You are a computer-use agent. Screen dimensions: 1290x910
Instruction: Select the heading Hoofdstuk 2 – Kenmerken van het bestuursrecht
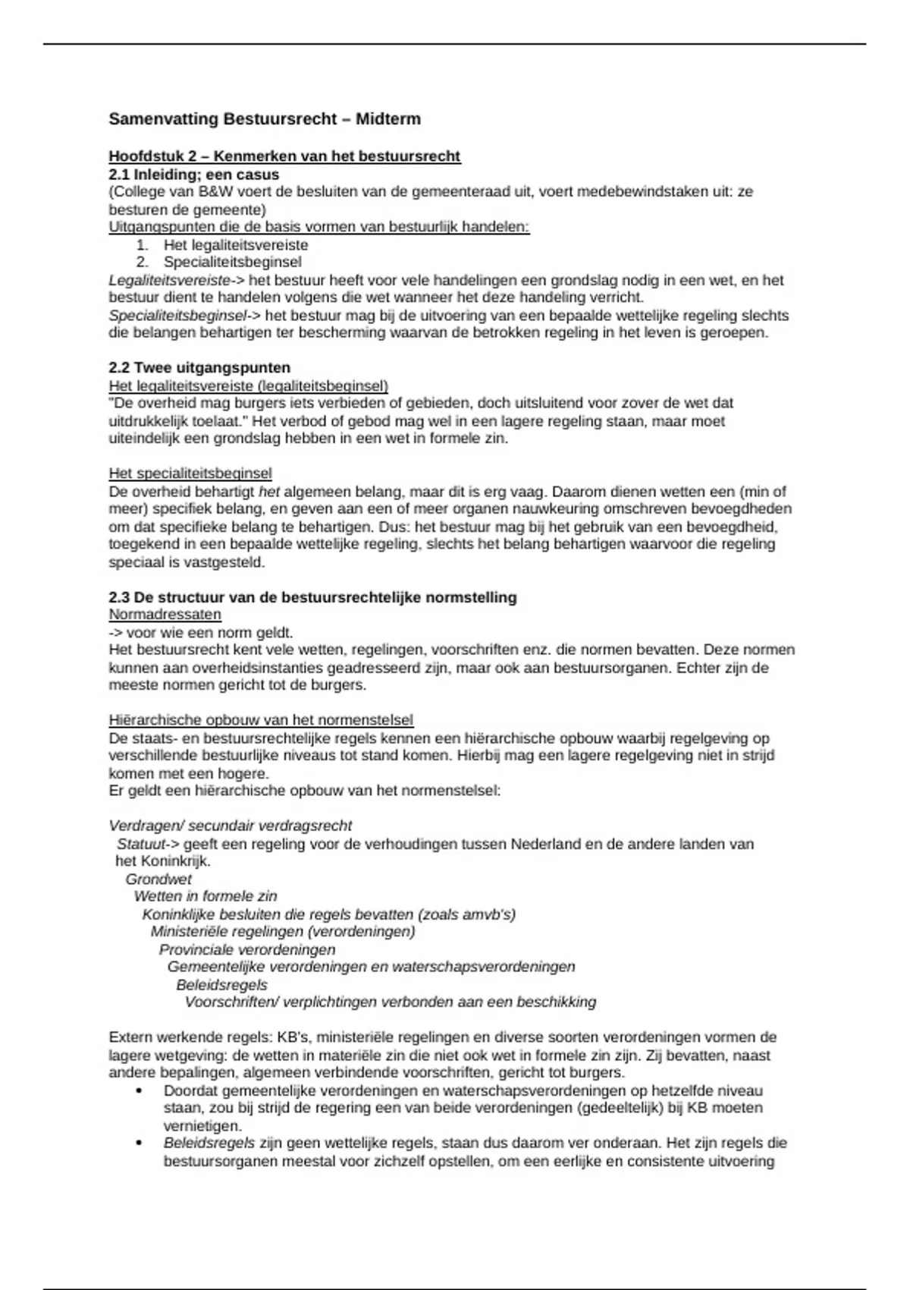[x=284, y=156]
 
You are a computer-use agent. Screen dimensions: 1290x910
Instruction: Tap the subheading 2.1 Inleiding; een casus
[x=194, y=175]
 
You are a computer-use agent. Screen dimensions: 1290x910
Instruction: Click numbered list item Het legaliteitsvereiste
[x=236, y=245]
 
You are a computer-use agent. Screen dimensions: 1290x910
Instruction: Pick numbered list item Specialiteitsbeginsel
[x=232, y=263]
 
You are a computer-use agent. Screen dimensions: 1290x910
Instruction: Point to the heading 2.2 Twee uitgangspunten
[x=199, y=368]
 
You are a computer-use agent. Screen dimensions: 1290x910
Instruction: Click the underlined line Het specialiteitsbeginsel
[x=190, y=474]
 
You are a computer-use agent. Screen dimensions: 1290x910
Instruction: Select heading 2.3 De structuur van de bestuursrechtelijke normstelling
[x=312, y=597]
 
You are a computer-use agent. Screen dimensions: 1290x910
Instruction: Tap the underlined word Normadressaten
[x=165, y=615]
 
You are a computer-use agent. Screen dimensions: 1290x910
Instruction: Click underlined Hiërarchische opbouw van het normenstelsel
[x=261, y=720]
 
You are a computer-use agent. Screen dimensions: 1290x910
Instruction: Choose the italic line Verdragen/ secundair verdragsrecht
[x=231, y=826]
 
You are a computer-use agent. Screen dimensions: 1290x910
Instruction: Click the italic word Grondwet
[x=158, y=879]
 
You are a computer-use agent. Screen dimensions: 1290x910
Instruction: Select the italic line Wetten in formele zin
[x=206, y=897]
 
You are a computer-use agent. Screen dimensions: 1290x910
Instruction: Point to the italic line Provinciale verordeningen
[x=247, y=950]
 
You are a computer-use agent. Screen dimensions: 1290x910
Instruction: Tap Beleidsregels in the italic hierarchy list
[x=222, y=985]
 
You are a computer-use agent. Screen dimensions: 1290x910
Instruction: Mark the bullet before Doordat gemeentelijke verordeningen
[x=138, y=1091]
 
